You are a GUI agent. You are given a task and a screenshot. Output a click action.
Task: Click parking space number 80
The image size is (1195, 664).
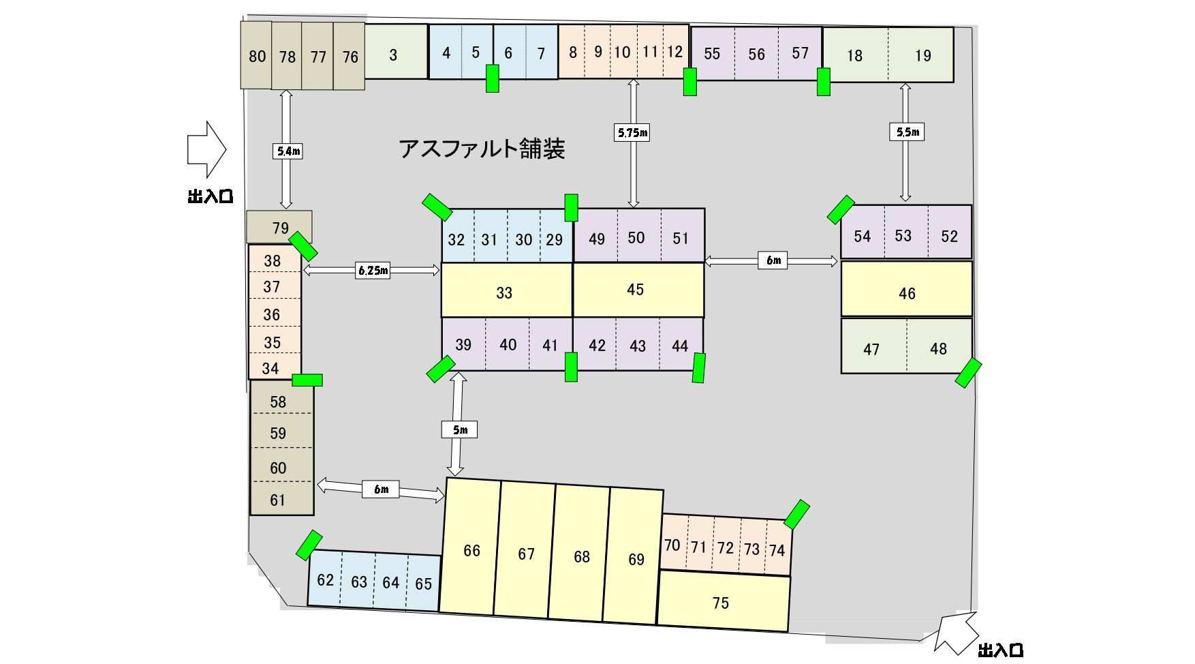[x=256, y=55]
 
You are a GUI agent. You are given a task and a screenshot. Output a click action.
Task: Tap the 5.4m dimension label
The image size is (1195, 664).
[x=288, y=151]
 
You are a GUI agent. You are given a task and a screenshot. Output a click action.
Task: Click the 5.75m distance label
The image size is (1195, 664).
[x=632, y=133]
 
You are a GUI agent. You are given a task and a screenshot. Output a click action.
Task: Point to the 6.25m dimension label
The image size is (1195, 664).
[x=373, y=271]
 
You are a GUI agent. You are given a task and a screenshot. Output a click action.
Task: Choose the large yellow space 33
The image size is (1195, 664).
[x=506, y=291]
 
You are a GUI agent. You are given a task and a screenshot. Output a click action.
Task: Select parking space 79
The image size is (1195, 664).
[x=279, y=227]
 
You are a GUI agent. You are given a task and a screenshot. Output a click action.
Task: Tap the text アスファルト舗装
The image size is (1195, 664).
[x=482, y=148]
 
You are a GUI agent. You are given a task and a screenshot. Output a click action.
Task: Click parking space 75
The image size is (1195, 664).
[x=722, y=603]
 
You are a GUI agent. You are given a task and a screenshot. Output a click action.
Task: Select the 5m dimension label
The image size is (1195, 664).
[x=459, y=429]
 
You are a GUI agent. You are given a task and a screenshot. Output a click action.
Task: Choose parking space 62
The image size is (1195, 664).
[x=325, y=579]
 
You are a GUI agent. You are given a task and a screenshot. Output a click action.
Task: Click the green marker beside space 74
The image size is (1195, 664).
[x=796, y=515]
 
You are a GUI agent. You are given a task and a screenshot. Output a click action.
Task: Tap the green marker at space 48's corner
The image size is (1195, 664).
[x=968, y=374]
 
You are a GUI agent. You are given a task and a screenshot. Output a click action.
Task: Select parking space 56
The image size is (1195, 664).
[x=756, y=54]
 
